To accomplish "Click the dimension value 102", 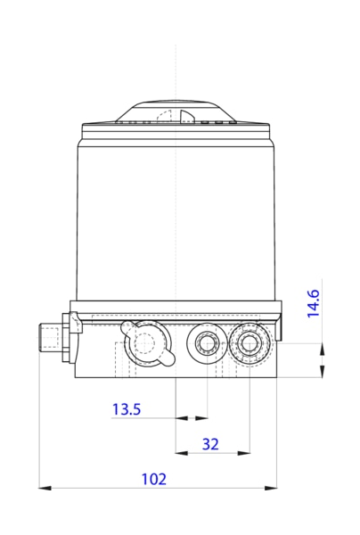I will pyautogui.click(x=154, y=479).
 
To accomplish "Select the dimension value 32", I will pyautogui.click(x=210, y=443).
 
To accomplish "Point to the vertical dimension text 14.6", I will pyautogui.click(x=314, y=303).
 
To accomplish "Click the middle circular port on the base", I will pyautogui.click(x=208, y=342).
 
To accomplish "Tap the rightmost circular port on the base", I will pyautogui.click(x=246, y=342).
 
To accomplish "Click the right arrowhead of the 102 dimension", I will pyautogui.click(x=271, y=488).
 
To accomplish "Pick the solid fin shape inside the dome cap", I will pyautogui.click(x=186, y=116).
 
